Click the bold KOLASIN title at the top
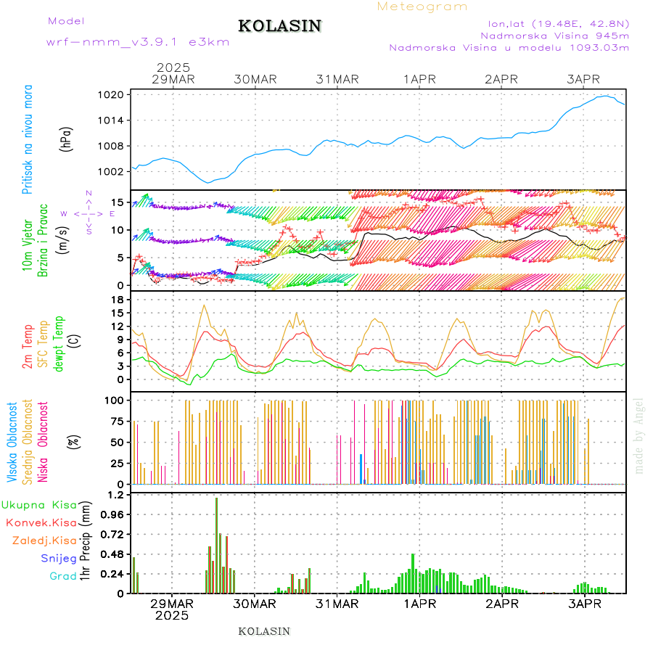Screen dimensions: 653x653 (279, 26)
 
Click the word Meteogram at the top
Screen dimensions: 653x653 (422, 7)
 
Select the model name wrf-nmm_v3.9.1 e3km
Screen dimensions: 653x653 (138, 42)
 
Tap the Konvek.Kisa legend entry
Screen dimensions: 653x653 (41, 522)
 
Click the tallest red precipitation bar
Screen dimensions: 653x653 (216, 544)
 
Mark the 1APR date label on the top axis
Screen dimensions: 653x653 (420, 79)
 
